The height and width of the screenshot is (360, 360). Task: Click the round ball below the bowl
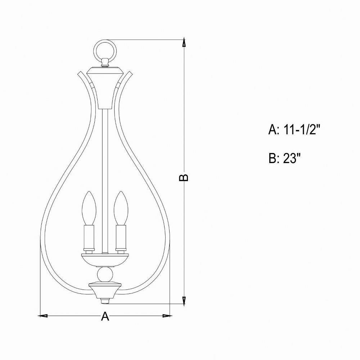tap(105, 274)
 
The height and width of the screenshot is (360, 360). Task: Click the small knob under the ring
tap(105, 62)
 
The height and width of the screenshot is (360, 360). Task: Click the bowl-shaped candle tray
tap(105, 260)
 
